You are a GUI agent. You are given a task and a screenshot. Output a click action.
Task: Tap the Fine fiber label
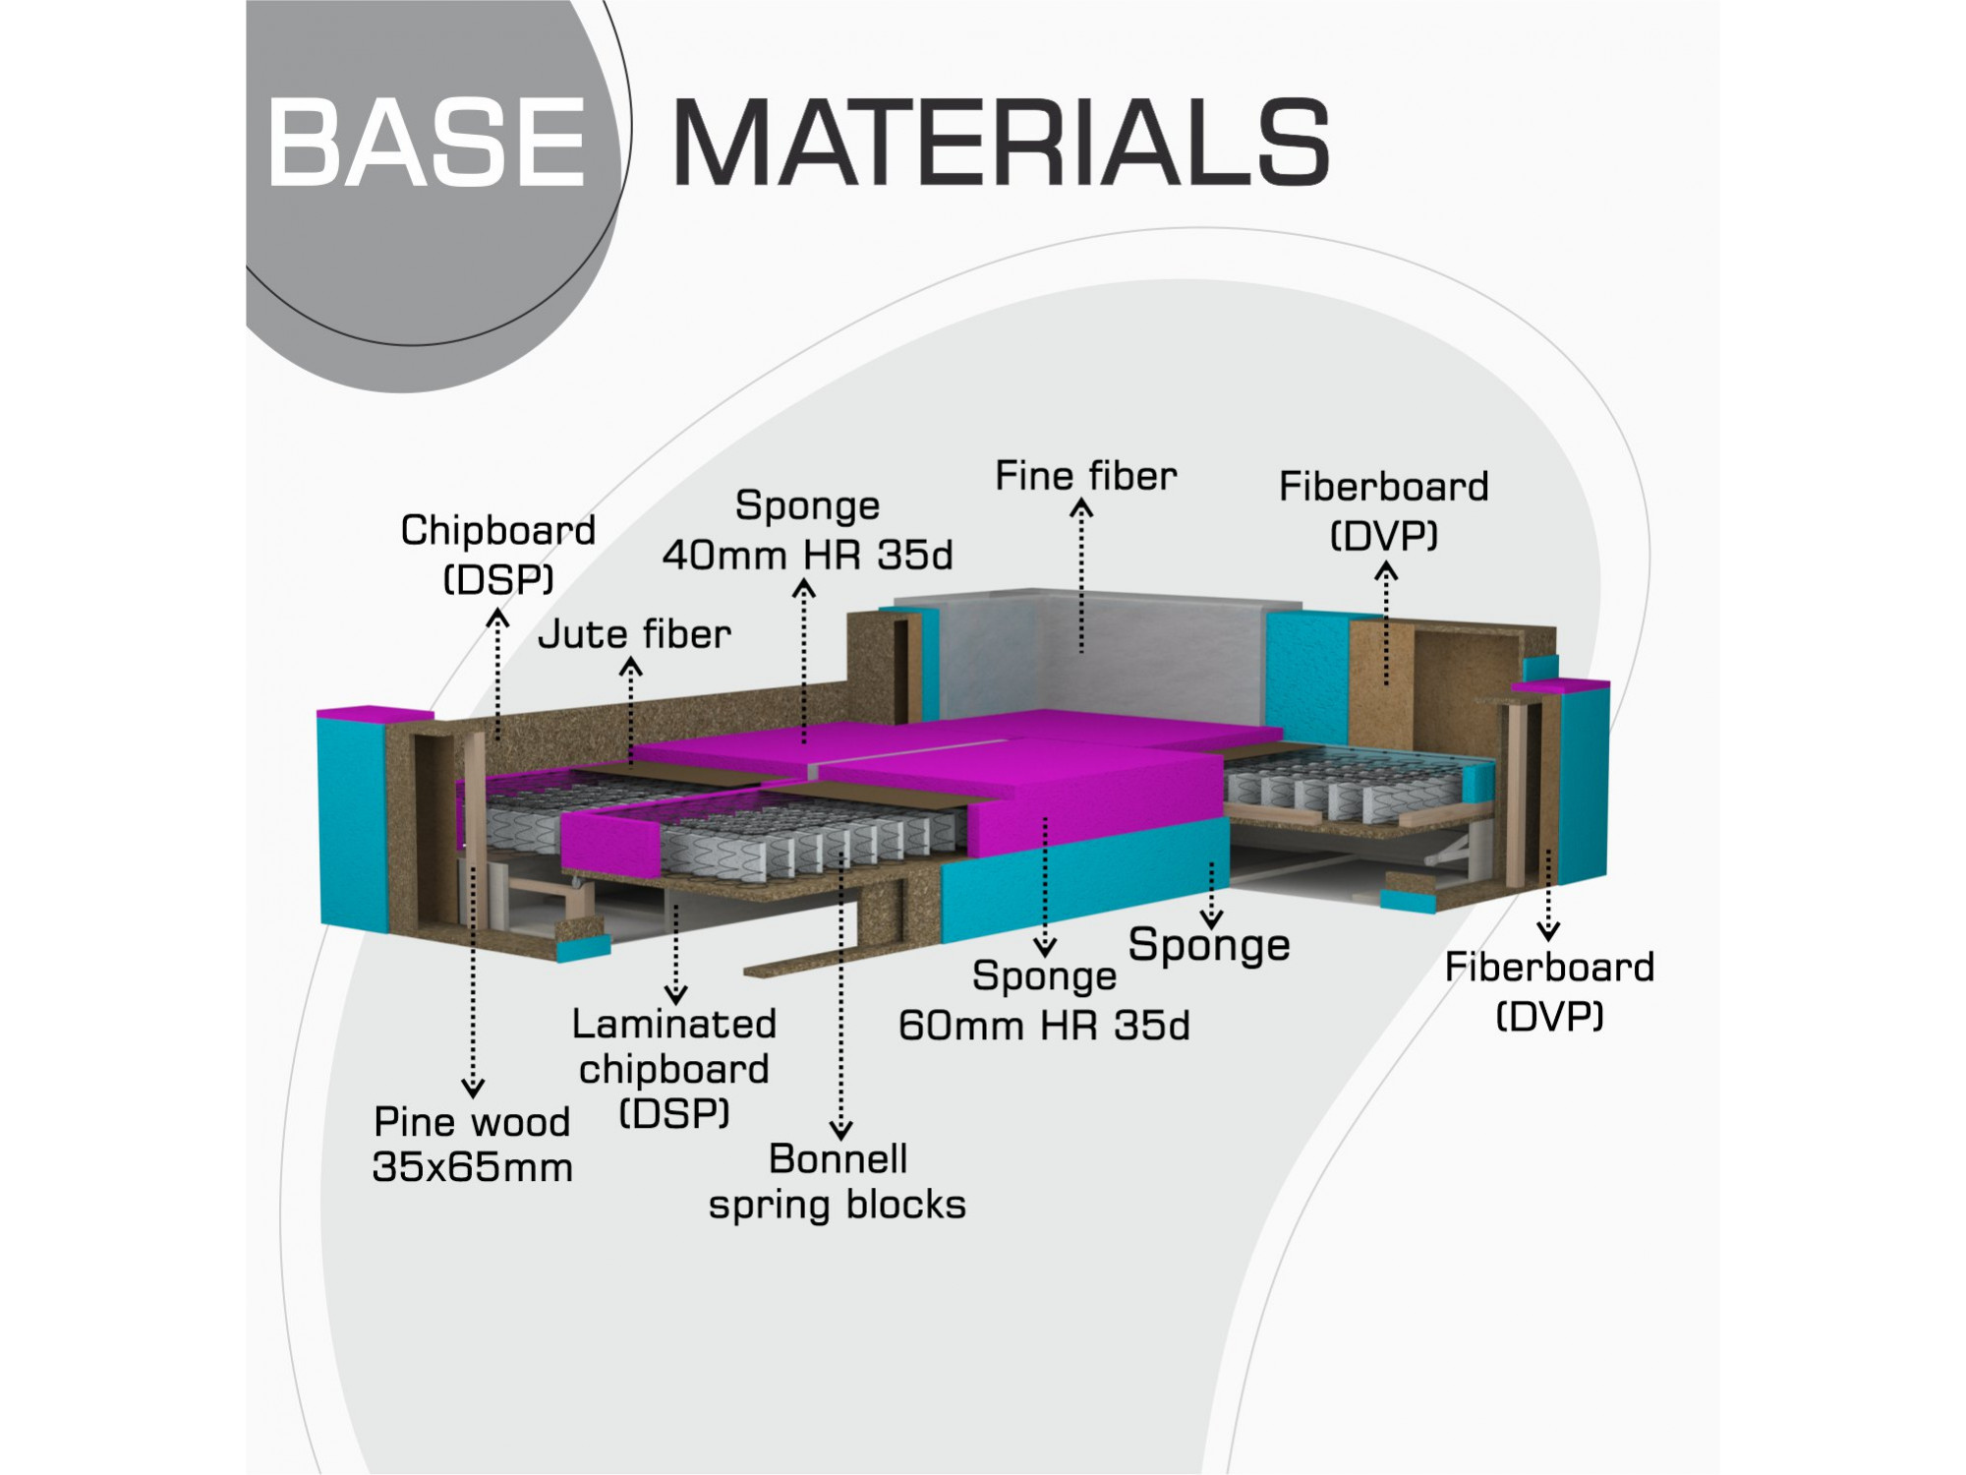1085,476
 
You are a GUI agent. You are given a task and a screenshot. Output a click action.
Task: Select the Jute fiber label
634,634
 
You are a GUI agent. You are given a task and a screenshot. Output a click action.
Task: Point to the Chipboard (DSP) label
498,554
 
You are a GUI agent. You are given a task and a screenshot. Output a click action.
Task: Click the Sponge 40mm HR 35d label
807,530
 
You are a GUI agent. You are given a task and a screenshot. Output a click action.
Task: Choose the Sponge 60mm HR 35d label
1044,1000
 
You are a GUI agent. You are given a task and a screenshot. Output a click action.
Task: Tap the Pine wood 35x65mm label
472,1144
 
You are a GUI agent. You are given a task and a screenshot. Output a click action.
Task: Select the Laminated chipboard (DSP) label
674,1069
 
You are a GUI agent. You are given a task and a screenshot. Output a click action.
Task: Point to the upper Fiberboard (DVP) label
1384,510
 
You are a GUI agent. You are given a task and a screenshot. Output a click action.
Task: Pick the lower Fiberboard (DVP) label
1549,991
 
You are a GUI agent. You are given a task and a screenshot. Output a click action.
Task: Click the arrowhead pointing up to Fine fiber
1081,507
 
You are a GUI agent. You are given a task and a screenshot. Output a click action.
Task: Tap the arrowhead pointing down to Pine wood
473,1088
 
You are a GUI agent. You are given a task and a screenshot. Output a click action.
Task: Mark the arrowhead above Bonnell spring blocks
840,1130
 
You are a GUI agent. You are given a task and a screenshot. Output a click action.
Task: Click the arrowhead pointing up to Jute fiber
630,668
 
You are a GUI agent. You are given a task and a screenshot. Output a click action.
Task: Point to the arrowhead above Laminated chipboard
676,994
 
